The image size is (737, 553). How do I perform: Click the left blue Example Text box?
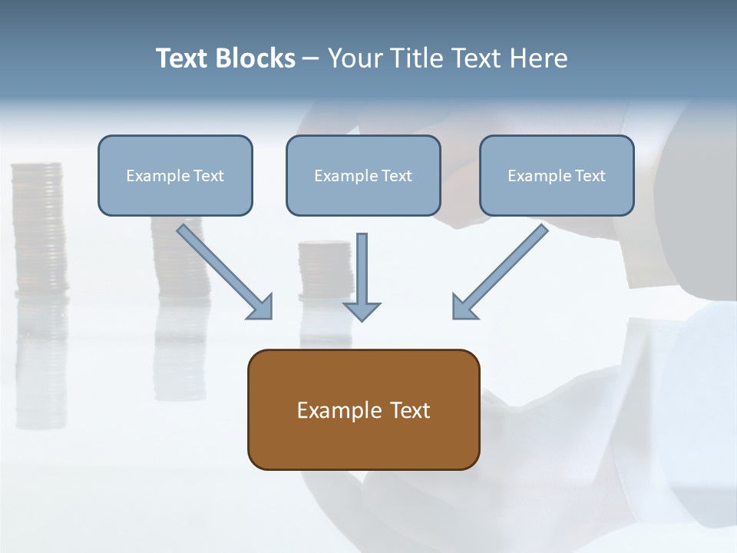(175, 175)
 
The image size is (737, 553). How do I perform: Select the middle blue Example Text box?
(363, 175)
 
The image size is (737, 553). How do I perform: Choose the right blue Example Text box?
(557, 175)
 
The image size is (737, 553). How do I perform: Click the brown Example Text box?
(363, 409)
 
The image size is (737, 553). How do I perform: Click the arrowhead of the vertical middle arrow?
(362, 310)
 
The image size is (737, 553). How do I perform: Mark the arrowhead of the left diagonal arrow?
(261, 307)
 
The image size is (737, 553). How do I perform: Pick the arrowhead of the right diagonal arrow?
(464, 307)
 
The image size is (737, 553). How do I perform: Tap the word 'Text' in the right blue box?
(590, 176)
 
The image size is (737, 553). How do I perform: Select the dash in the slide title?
(311, 59)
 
